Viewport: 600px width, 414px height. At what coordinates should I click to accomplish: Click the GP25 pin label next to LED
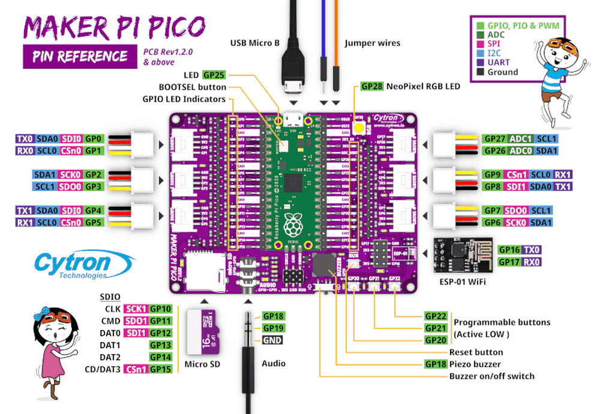214,75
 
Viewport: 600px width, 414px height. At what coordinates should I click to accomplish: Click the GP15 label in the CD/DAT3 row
161,369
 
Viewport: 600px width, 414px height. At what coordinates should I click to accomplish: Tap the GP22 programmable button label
436,316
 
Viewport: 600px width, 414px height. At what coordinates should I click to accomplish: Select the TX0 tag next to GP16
532,250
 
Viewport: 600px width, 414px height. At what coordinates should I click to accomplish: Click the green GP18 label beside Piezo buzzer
436,364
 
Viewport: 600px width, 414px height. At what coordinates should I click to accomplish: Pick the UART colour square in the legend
481,62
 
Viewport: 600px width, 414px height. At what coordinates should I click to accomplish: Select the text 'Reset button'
476,352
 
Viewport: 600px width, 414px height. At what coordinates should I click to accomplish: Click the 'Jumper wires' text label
372,43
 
